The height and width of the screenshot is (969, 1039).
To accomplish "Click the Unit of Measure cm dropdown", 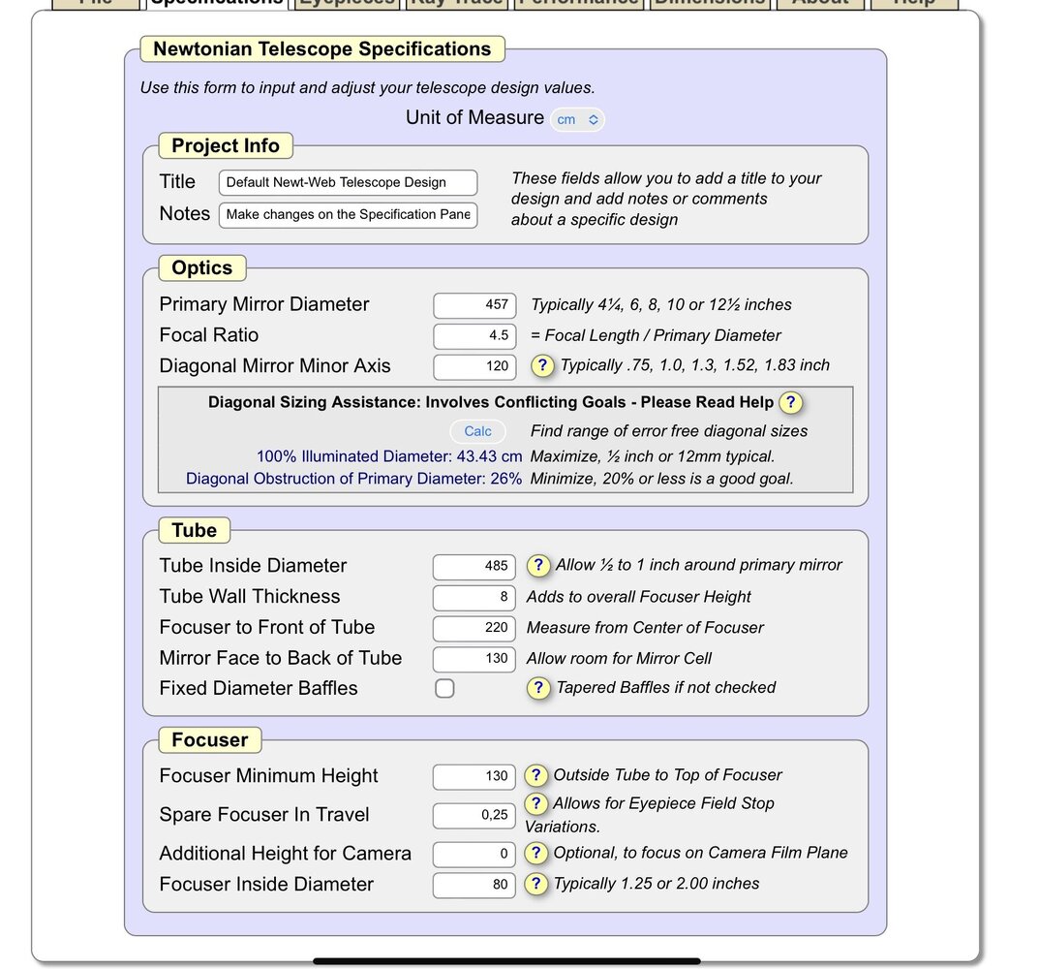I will click(577, 119).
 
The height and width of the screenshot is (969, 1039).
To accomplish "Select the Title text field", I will click(348, 182).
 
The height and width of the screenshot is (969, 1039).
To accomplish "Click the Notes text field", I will click(348, 214).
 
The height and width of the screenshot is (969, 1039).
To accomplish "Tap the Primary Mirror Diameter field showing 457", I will click(474, 304).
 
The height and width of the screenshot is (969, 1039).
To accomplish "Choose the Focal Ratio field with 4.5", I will click(474, 335).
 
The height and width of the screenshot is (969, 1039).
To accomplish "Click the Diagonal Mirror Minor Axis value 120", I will click(474, 366).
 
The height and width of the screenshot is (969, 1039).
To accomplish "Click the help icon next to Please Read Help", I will click(791, 402).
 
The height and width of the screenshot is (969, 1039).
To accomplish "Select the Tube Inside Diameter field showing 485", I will click(474, 566).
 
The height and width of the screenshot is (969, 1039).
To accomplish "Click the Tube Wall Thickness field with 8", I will click(474, 597).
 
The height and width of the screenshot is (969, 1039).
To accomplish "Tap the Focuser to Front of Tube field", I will click(474, 628).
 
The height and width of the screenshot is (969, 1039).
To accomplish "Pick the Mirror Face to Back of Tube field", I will click(474, 659).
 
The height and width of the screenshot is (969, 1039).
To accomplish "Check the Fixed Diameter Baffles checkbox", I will click(444, 689).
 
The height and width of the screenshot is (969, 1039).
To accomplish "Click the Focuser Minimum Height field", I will click(474, 776).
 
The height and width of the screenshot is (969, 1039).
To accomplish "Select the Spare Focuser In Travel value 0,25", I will click(474, 815).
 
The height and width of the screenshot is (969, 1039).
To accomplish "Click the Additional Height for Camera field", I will click(474, 854).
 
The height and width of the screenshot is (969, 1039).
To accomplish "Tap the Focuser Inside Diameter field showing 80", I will click(474, 885).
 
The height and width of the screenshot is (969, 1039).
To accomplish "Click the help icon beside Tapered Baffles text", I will click(538, 688).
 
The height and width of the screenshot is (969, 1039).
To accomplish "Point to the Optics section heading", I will click(202, 268).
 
